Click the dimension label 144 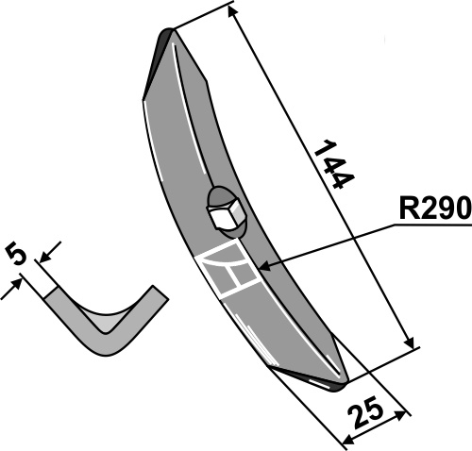pyautogui.click(x=334, y=164)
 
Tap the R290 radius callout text pyautogui.click(x=435, y=208)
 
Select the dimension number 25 pyautogui.click(x=367, y=412)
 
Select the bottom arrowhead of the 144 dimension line pyautogui.click(x=410, y=342)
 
